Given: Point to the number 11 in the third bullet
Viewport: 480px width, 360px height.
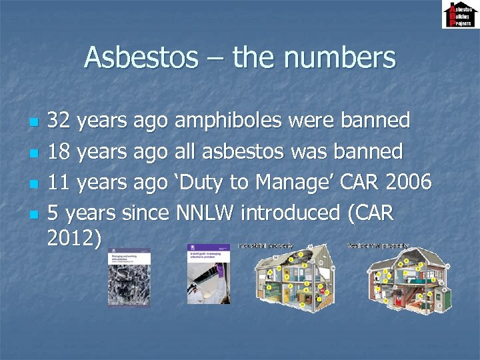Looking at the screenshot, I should pos(59,182).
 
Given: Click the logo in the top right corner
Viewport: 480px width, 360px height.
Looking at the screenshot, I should pos(459,15).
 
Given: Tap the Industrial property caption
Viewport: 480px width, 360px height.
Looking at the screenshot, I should pos(265,246).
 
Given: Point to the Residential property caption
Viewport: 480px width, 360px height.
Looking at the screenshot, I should pos(377,246).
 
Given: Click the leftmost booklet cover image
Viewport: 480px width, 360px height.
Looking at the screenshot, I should pos(129,277).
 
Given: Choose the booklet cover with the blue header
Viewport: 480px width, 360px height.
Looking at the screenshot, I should pos(209,273).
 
